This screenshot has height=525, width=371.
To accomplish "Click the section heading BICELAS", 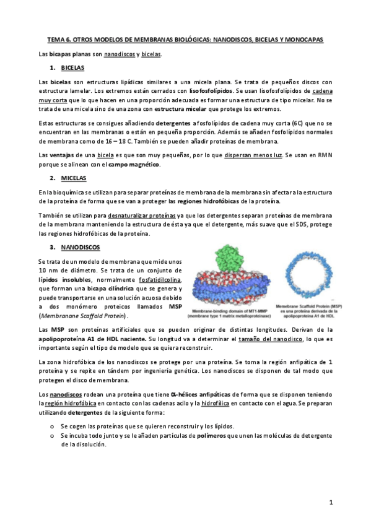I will pyautogui.click(x=73, y=67).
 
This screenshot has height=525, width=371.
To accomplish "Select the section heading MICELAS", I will pyautogui.click(x=74, y=178).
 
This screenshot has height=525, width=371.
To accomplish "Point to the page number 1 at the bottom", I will pyautogui.click(x=331, y=503).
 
